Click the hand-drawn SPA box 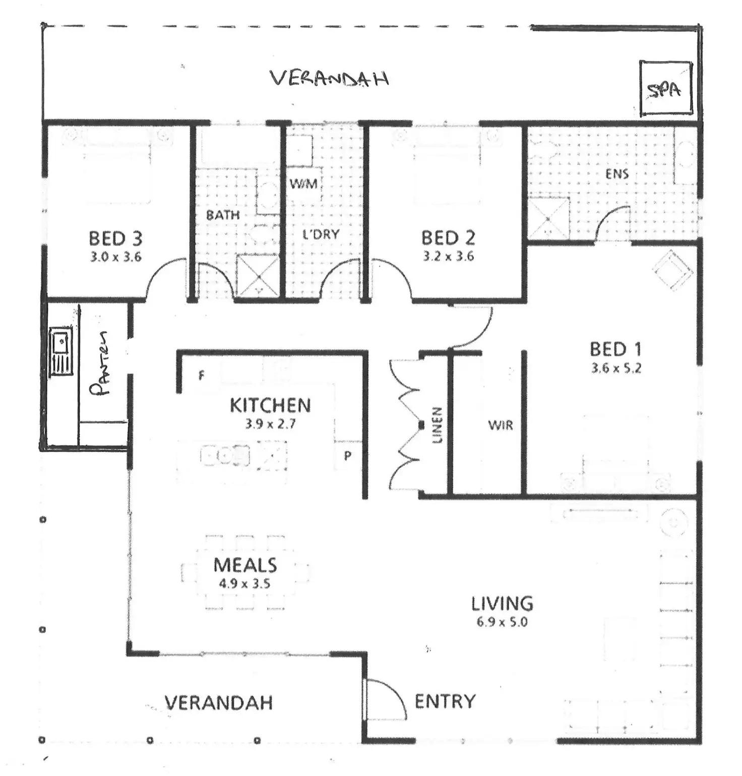click(x=641, y=89)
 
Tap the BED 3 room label click(x=115, y=238)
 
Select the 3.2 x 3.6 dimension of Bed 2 click(x=448, y=256)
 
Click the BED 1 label click(x=615, y=349)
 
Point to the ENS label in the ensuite click(x=617, y=174)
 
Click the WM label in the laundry click(x=303, y=184)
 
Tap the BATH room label click(x=223, y=215)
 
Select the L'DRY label click(x=321, y=234)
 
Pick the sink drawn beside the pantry click(x=61, y=351)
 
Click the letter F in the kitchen click(x=202, y=375)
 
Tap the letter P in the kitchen click(x=348, y=456)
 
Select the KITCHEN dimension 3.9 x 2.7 click(x=270, y=424)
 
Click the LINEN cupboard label click(x=437, y=425)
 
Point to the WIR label click(x=501, y=425)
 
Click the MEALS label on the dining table click(x=245, y=565)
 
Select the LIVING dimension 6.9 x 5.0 click(x=502, y=622)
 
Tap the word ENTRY click(x=445, y=701)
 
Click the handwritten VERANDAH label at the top click(x=329, y=79)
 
